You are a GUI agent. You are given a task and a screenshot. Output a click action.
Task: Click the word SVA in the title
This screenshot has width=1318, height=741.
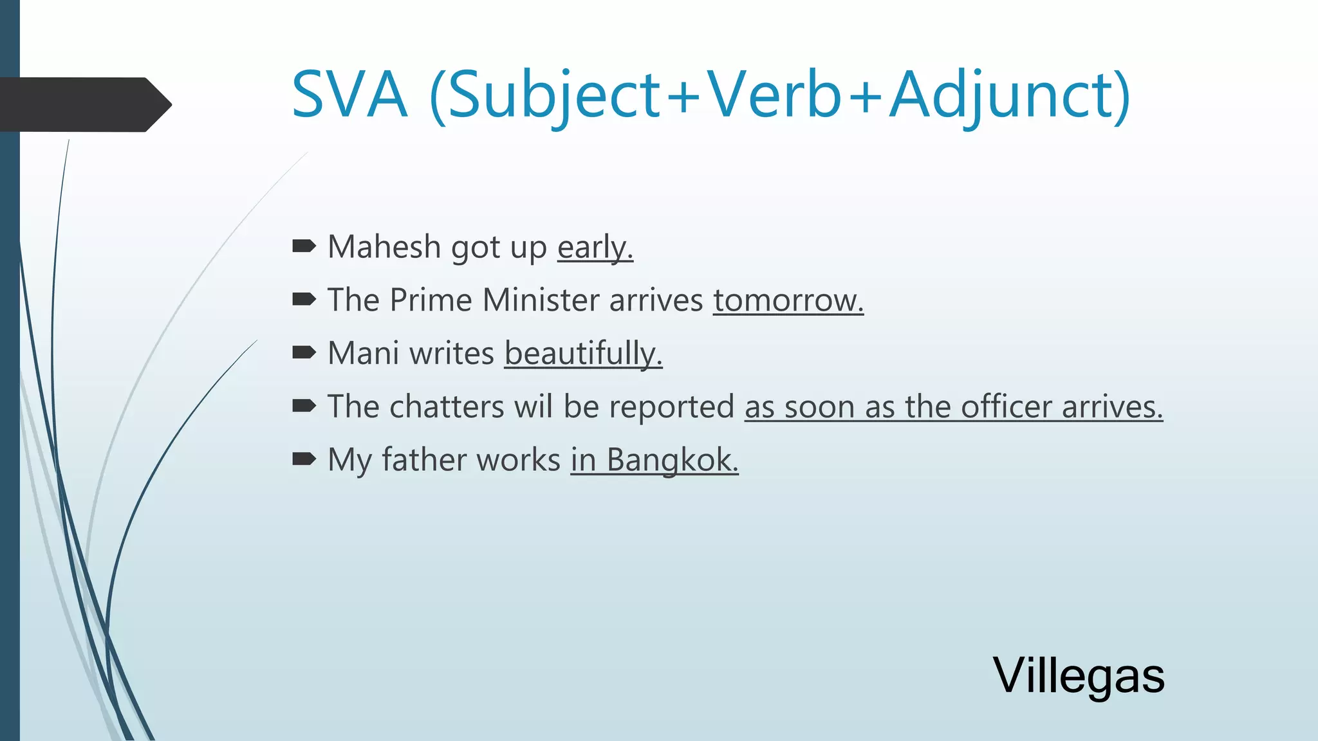pos(349,95)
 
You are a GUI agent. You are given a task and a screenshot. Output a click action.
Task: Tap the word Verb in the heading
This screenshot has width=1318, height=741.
pos(775,95)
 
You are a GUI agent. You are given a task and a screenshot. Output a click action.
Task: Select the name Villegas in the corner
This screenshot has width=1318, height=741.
pos(1079,675)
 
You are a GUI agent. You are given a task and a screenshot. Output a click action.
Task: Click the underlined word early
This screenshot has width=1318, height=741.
pos(595,248)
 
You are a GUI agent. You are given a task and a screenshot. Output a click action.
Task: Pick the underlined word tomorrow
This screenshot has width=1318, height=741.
pos(788,300)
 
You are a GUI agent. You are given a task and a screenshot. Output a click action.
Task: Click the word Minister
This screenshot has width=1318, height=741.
pos(541,300)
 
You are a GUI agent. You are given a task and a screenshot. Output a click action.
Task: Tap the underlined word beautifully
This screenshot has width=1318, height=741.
pos(583,354)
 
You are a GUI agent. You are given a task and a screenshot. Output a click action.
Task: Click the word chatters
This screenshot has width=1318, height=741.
pos(447,407)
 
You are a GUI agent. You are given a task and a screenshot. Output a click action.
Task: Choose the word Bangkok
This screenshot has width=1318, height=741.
pos(672,460)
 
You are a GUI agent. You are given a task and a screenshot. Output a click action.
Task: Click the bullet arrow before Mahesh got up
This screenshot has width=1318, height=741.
pos(304,246)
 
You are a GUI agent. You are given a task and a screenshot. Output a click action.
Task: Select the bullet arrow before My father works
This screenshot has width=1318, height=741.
pos(304,459)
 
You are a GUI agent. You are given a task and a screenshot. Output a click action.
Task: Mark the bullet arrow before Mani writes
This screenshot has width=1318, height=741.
pos(304,352)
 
